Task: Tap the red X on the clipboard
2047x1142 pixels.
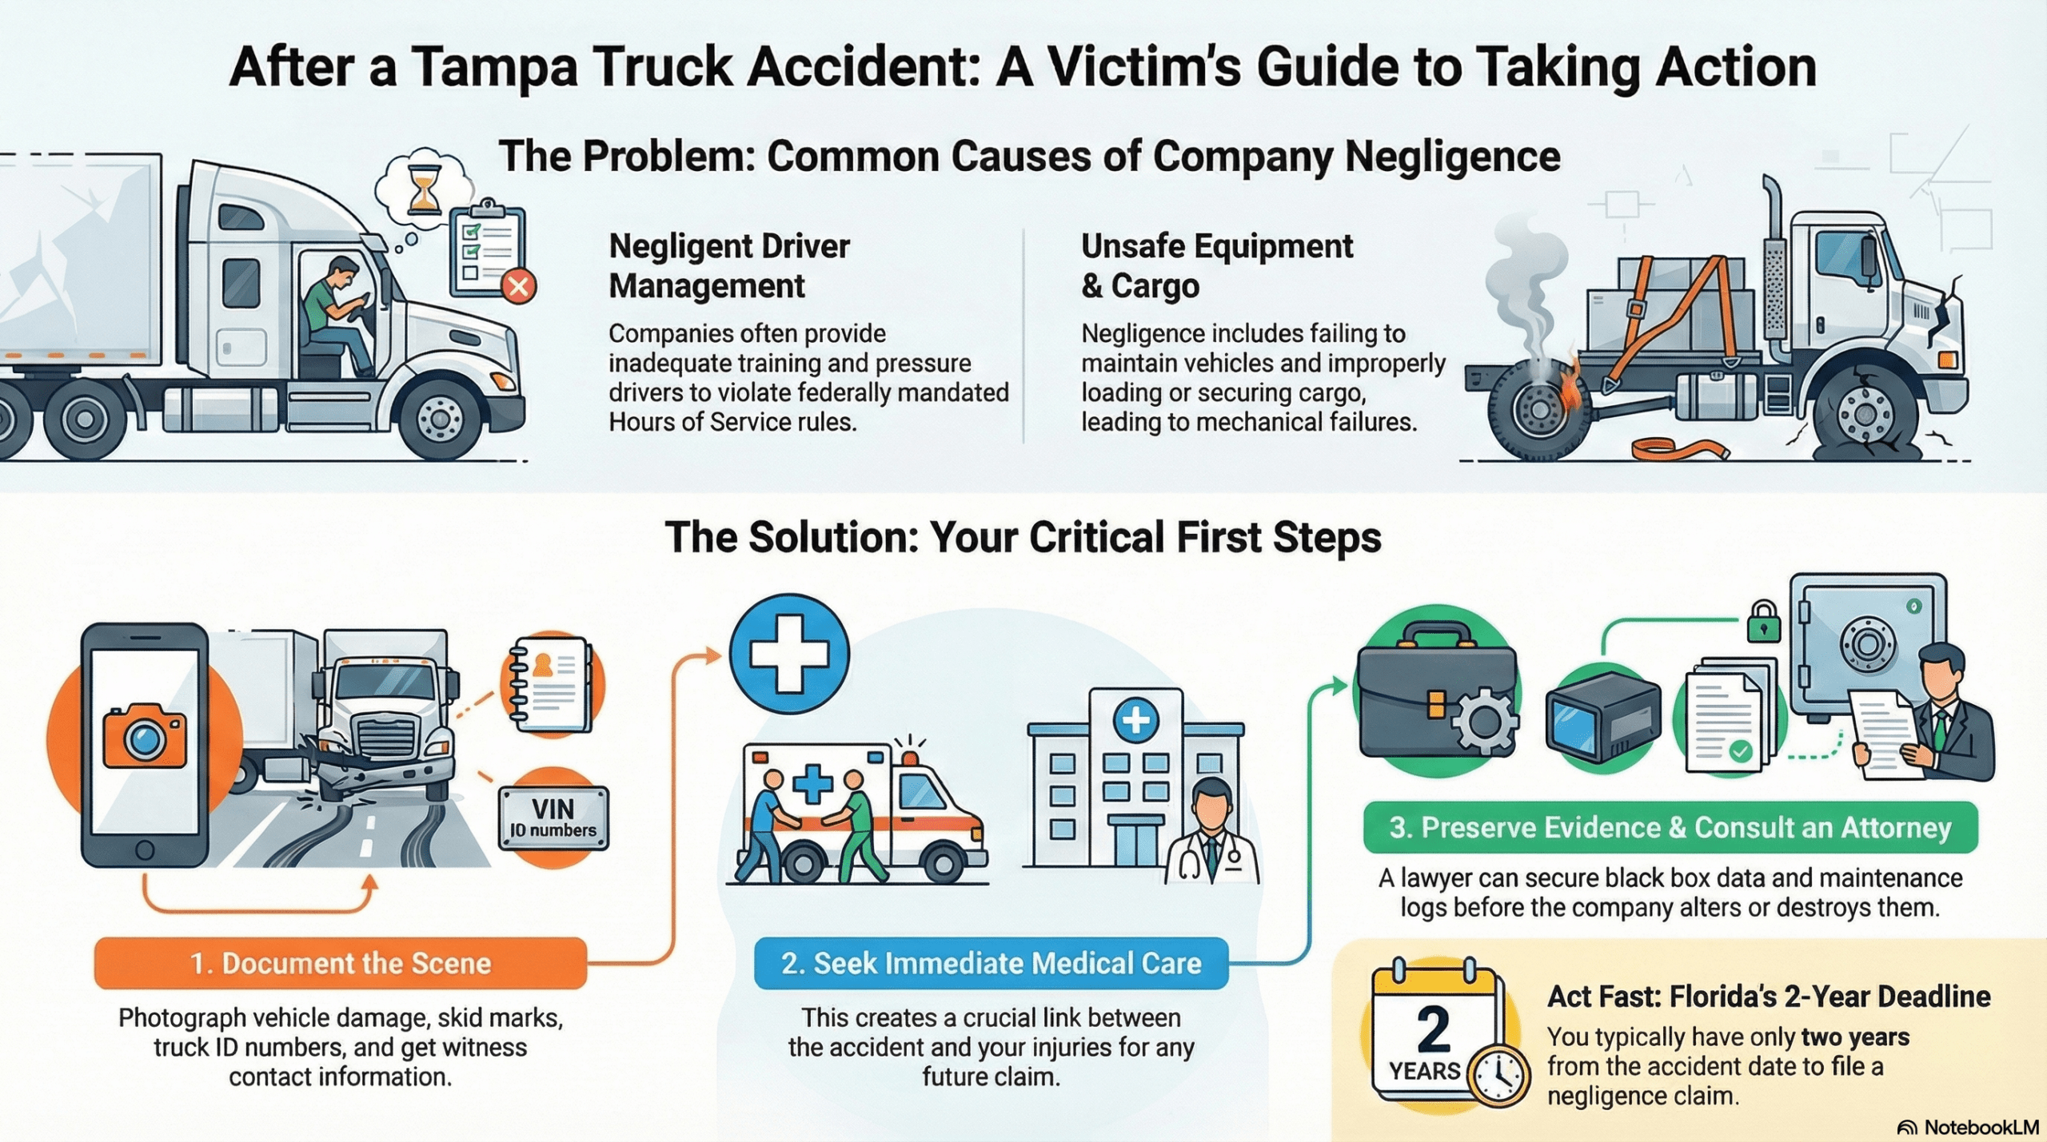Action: (518, 286)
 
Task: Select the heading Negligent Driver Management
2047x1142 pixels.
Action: (728, 265)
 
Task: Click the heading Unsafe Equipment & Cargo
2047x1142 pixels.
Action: (1216, 265)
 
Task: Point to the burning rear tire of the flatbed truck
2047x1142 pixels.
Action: (1539, 409)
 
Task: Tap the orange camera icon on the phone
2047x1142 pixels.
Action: (145, 737)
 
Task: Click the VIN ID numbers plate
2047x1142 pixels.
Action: (553, 818)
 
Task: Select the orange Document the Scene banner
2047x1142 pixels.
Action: (341, 963)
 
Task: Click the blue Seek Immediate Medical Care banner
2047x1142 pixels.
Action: (991, 963)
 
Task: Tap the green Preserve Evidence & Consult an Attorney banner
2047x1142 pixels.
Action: (1670, 828)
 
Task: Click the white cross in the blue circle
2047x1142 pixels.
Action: (788, 654)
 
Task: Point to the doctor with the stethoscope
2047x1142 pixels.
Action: (1212, 835)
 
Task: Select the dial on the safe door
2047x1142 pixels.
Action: (1866, 643)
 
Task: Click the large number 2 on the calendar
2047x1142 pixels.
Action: (1433, 1030)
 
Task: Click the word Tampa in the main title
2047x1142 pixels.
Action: (495, 67)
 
